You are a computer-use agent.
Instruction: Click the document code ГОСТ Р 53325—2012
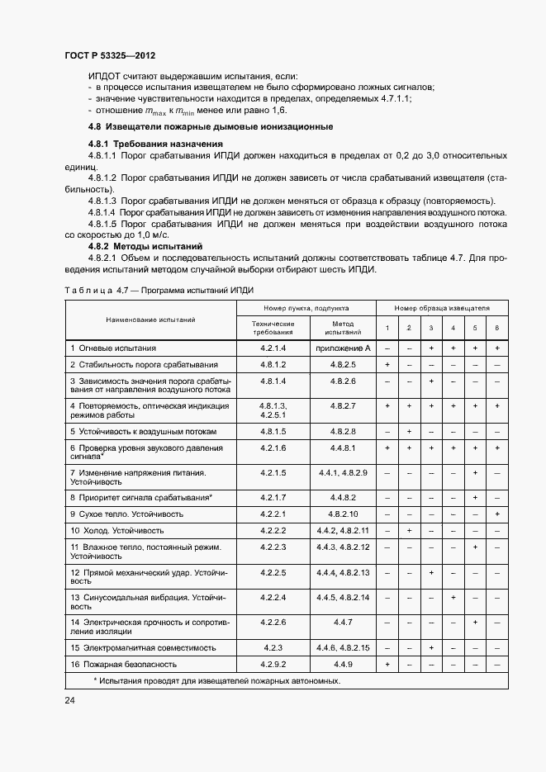(x=110, y=54)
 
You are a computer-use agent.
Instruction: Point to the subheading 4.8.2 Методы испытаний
(x=145, y=246)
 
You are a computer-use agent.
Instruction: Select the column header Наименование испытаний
(x=150, y=319)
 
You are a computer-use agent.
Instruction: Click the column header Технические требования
(x=273, y=328)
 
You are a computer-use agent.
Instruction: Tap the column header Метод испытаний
(x=342, y=328)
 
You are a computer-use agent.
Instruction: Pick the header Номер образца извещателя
(x=442, y=307)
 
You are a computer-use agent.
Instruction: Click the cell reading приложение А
(x=342, y=348)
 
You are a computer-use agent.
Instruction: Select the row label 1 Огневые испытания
(x=113, y=348)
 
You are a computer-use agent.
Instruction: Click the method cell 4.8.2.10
(x=342, y=514)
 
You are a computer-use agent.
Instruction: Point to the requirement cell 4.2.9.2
(x=273, y=664)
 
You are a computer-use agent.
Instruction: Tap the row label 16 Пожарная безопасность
(x=123, y=664)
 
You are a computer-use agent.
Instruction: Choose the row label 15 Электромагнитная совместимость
(x=143, y=648)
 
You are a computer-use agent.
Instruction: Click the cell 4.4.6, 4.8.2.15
(x=342, y=648)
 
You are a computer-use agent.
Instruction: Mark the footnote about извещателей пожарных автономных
(x=217, y=681)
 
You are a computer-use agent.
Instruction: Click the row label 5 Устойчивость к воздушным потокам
(x=143, y=431)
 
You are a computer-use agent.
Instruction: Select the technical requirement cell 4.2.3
(x=273, y=648)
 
